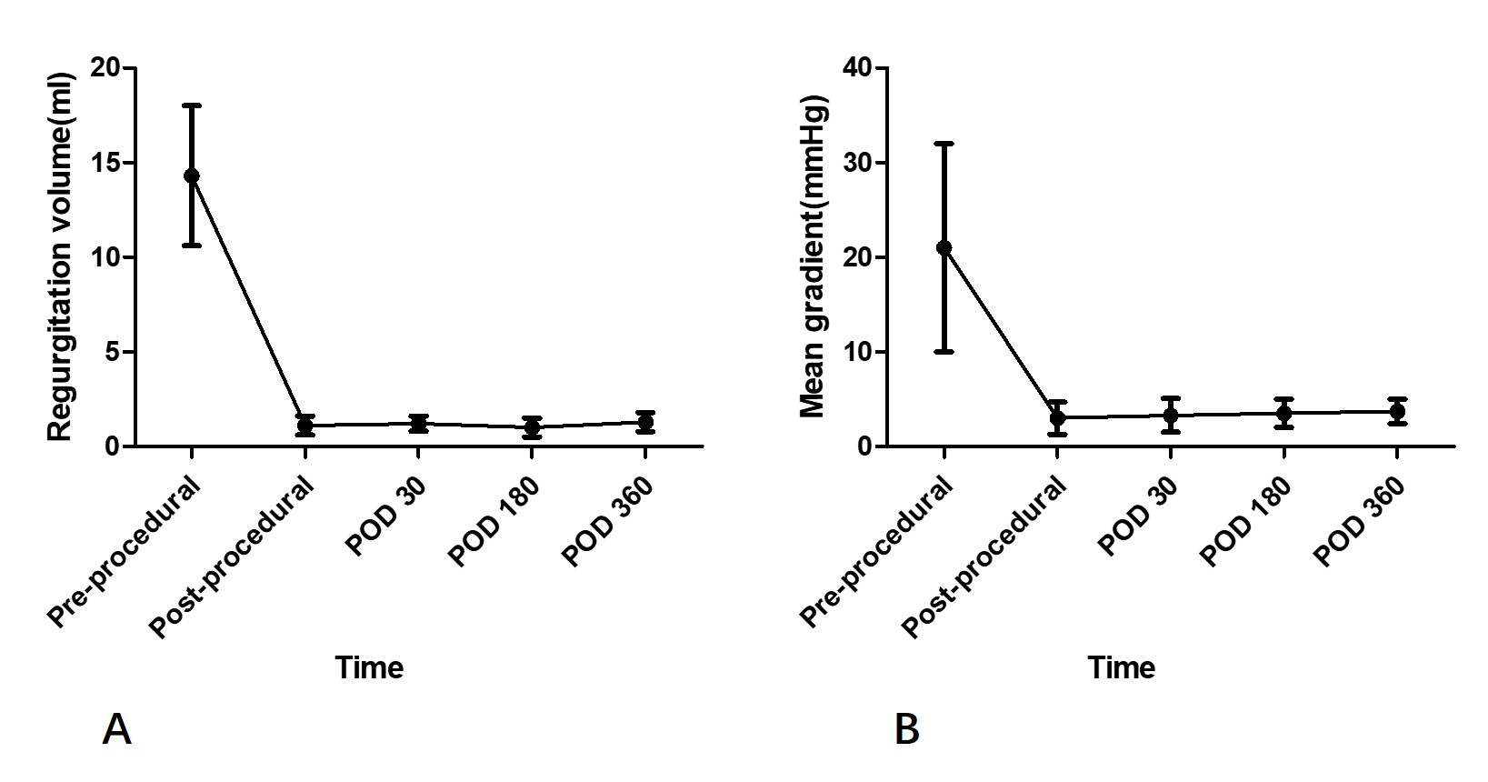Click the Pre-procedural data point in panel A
(x=192, y=175)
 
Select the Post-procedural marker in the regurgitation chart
(x=305, y=425)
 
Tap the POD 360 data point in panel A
(x=645, y=422)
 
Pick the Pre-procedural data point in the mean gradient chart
(x=944, y=247)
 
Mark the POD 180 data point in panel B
(x=1283, y=413)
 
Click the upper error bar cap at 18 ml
(x=192, y=105)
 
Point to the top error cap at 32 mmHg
(x=944, y=144)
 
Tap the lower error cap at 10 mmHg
(x=944, y=352)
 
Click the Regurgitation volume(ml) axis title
(x=60, y=256)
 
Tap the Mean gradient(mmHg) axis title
(x=813, y=256)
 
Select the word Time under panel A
(x=369, y=668)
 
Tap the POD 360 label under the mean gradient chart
(x=1360, y=523)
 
